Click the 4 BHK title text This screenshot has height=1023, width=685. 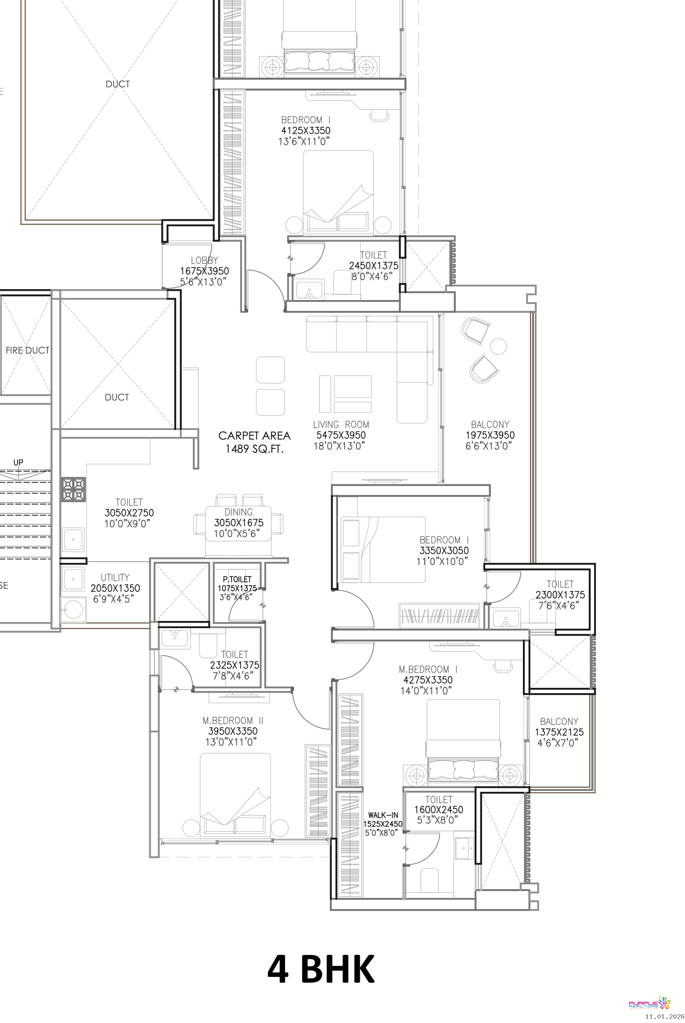tap(321, 968)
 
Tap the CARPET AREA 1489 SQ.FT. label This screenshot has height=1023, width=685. tap(255, 442)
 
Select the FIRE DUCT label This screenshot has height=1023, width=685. tap(27, 350)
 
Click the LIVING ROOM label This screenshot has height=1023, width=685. tap(341, 425)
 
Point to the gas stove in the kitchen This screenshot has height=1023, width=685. tap(73, 489)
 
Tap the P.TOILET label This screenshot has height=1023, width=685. tap(237, 579)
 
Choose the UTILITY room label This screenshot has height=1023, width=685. tap(115, 577)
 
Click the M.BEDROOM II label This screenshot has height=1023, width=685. tap(233, 720)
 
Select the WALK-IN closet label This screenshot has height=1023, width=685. tap(383, 815)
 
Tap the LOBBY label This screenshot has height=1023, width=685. tap(204, 261)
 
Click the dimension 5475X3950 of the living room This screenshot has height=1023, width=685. tap(341, 435)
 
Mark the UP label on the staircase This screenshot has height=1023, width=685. tap(18, 462)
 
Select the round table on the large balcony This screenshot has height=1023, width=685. tap(498, 346)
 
